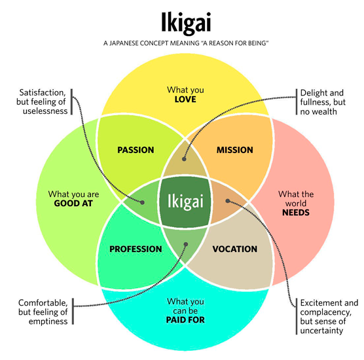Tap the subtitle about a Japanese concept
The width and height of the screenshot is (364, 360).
[181, 43]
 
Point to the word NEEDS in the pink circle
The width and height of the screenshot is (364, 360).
[296, 213]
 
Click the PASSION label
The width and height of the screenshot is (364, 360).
[136, 150]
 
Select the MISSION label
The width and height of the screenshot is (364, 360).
[234, 150]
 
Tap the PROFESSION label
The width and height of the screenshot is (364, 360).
[136, 249]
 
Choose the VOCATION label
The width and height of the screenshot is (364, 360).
[235, 249]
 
